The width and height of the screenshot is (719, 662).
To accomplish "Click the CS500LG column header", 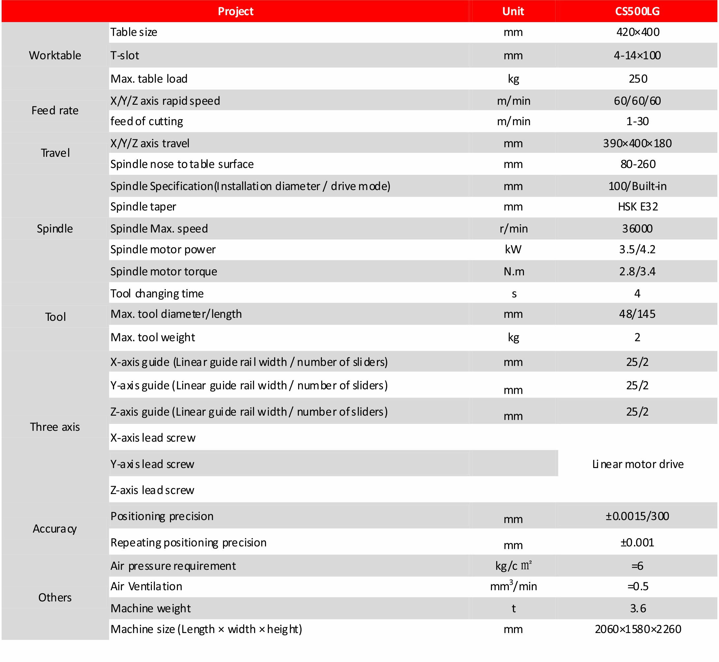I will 637,12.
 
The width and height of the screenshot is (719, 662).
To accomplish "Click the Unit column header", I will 513,12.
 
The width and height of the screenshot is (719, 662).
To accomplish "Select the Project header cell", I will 236,12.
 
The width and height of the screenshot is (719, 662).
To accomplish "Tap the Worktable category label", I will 55,56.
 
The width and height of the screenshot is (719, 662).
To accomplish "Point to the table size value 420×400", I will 638,32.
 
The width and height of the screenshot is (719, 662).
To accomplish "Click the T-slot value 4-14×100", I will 637,56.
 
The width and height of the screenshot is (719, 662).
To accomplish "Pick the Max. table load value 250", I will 638,79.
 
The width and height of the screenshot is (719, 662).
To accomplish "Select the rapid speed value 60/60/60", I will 637,101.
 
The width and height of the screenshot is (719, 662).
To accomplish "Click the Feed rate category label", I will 55,111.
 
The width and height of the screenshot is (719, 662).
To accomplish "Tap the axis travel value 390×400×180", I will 637,144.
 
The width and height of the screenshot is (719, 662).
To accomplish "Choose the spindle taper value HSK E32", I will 638,207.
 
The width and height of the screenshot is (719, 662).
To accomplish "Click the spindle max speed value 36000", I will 637,229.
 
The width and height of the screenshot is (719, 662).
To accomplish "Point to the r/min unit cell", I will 513,229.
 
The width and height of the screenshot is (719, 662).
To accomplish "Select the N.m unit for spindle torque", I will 514,271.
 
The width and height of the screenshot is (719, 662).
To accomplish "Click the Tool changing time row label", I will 157,294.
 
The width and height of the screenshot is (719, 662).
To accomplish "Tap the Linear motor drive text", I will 638,464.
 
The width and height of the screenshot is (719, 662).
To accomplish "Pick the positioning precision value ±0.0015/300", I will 637,516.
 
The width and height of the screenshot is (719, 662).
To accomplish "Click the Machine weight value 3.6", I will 638,608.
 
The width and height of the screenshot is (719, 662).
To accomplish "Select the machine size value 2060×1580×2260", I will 638,629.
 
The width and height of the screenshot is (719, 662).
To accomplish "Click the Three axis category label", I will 55,427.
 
